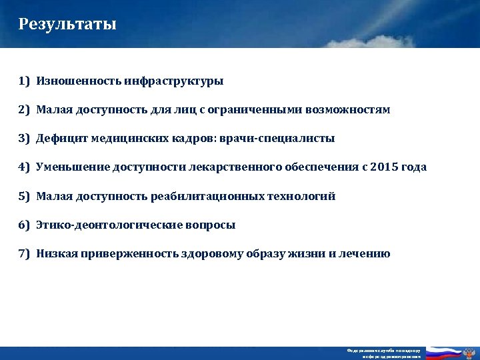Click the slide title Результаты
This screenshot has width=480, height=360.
67,25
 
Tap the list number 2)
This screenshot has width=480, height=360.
25,110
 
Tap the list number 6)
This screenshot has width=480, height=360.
25,225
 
